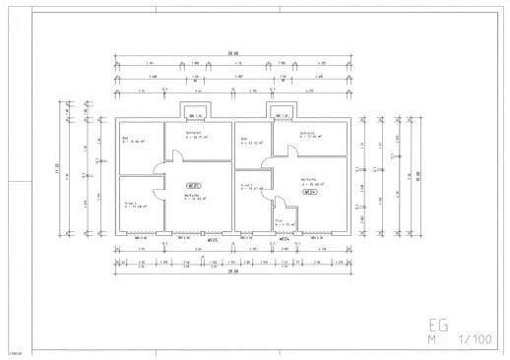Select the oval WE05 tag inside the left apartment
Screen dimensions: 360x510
(x=194, y=185)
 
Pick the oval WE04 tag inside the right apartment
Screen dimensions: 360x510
(x=309, y=192)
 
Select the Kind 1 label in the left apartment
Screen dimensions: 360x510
(x=129, y=204)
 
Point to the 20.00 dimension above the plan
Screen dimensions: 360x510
(x=233, y=53)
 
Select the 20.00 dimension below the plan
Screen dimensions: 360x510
(x=233, y=271)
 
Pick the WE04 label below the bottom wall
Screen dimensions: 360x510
(x=284, y=240)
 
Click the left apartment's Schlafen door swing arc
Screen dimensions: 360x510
(x=173, y=155)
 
